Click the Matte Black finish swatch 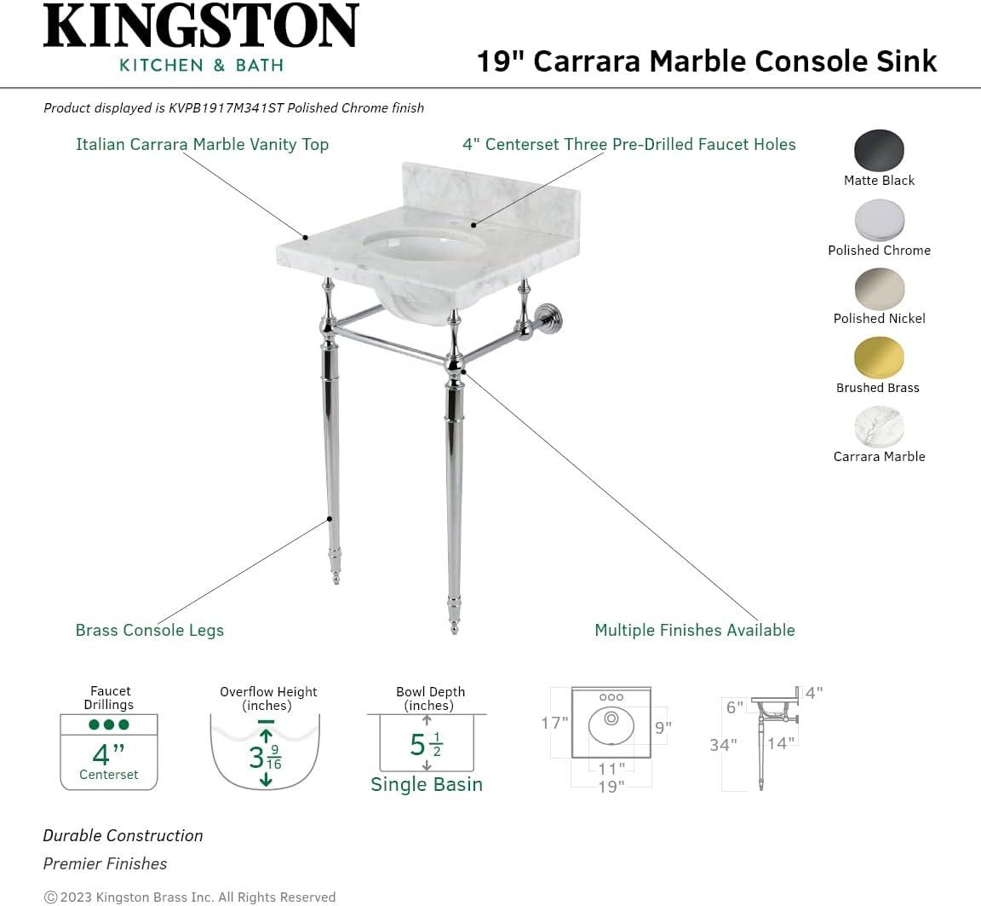pyautogui.click(x=879, y=151)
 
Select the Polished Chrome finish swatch pyautogui.click(x=879, y=220)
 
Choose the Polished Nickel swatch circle pyautogui.click(x=879, y=288)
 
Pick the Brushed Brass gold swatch pyautogui.click(x=878, y=357)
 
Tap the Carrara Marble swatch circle pyautogui.click(x=879, y=426)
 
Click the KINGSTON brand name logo pyautogui.click(x=201, y=26)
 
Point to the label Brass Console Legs pyautogui.click(x=150, y=631)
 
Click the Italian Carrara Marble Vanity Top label pyautogui.click(x=202, y=144)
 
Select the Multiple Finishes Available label pyautogui.click(x=694, y=631)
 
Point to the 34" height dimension pyautogui.click(x=723, y=745)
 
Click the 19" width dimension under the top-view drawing pyautogui.click(x=611, y=787)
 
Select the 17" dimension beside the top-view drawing pyautogui.click(x=554, y=724)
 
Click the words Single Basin pyautogui.click(x=427, y=785)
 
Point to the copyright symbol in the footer pyautogui.click(x=50, y=897)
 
